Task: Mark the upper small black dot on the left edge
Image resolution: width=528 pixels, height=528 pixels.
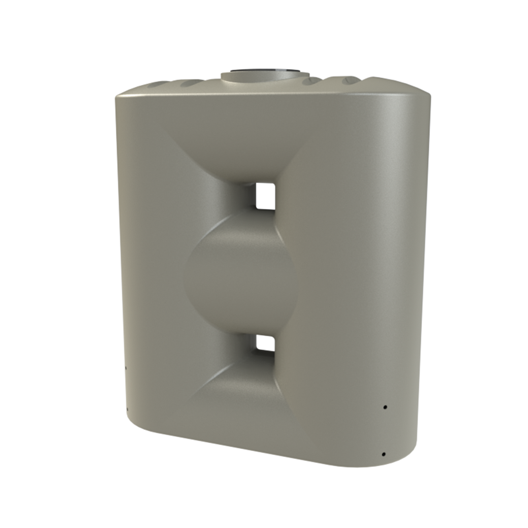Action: click(126, 367)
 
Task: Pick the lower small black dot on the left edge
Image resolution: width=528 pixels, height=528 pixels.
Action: click(127, 409)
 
